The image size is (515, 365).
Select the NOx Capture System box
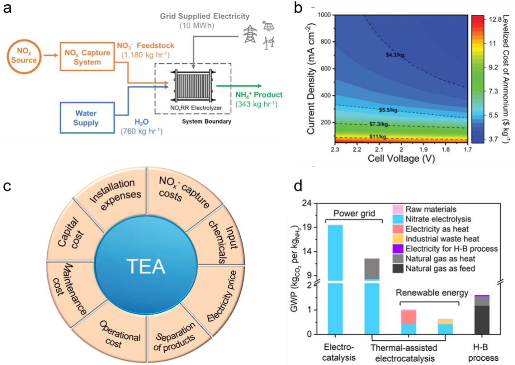coord(87,57)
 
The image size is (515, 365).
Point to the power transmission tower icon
coord(249,33)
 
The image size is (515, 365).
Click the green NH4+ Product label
coord(259,95)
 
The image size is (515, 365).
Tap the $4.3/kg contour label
coord(395,54)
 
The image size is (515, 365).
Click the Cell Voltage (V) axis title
coord(401,158)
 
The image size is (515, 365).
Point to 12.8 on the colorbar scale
coord(496,19)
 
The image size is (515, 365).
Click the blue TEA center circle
coord(145,267)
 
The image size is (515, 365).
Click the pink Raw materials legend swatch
coord(398,209)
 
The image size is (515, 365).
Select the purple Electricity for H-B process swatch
coord(398,249)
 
